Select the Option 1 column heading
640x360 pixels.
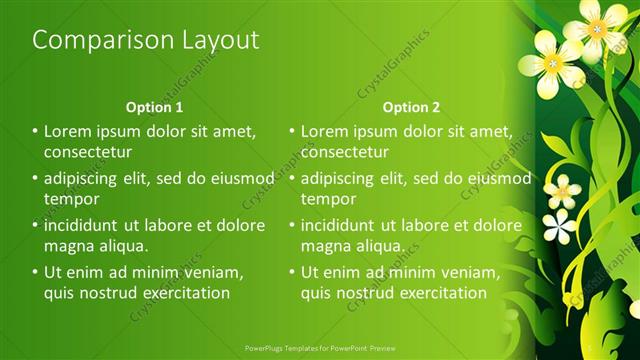tap(154, 107)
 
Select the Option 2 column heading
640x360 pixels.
tap(411, 107)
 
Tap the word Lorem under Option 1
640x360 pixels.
tap(68, 131)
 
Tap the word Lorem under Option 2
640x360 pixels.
tap(325, 131)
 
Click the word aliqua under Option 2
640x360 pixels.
tap(379, 246)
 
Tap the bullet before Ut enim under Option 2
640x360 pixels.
tap(292, 272)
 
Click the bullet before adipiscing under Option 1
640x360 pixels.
tap(35, 178)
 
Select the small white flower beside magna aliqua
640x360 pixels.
tap(558, 226)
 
